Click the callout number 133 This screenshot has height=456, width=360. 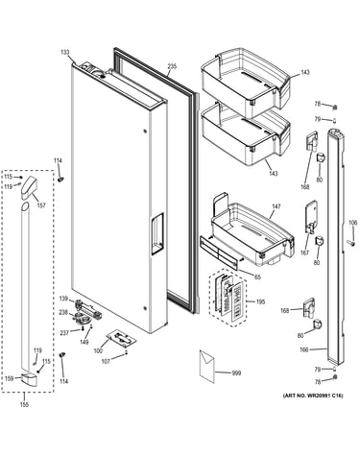coord(65,52)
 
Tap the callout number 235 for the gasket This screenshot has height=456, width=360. coord(172,66)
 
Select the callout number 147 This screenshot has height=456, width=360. coord(276,206)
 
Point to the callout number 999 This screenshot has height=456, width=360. coord(236,373)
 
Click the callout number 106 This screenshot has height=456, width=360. coord(352,223)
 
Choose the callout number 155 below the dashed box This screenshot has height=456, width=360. coord(24,405)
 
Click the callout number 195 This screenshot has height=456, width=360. coord(261,301)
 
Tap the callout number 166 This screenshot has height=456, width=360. coord(304,349)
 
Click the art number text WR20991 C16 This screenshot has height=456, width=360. coord(313,396)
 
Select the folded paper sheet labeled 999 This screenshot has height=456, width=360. coord(206,367)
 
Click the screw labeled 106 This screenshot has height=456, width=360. coord(351,243)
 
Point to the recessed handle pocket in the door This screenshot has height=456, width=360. coord(157,233)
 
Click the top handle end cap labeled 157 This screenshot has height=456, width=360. coord(29,187)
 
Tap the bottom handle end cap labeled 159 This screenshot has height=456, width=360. coord(29,378)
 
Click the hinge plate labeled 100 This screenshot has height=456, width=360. coord(121,338)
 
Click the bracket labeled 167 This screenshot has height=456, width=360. coord(311,216)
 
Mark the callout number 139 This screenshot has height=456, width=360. coord(63,299)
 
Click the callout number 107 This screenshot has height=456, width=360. coord(106,362)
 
